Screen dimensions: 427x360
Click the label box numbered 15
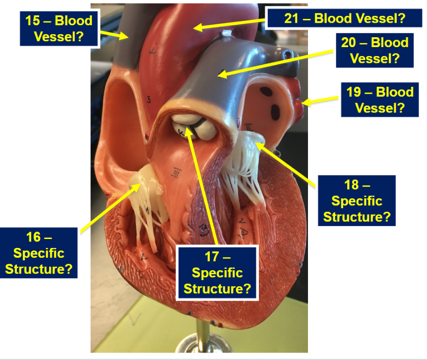[60, 28]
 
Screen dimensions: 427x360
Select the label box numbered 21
[345, 18]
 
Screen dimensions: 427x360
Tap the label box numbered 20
[375, 51]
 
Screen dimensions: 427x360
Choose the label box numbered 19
[380, 100]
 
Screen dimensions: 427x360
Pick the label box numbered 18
[357, 201]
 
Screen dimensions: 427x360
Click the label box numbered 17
[217, 273]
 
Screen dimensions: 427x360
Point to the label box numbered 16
[39, 253]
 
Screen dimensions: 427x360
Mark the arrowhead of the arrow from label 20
[222, 73]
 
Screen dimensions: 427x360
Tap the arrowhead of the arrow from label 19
[305, 102]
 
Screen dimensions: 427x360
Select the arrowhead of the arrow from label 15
[124, 36]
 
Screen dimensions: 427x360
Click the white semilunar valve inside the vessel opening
[193, 126]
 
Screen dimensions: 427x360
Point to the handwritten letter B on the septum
[204, 230]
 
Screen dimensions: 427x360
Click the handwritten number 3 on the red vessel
[149, 100]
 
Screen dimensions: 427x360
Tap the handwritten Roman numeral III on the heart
[176, 173]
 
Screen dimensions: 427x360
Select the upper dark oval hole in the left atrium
[266, 92]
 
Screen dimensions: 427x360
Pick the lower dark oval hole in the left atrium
[275, 112]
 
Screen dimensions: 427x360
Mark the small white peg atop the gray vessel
[226, 33]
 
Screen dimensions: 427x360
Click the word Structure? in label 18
[357, 217]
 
